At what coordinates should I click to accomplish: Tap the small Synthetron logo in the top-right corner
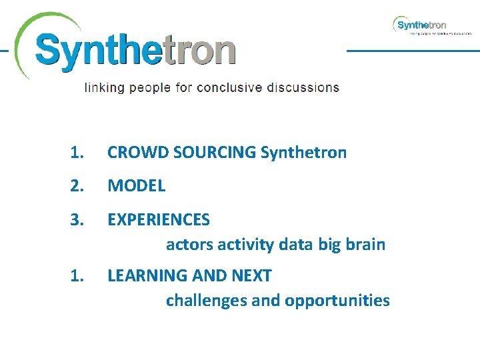click(421, 25)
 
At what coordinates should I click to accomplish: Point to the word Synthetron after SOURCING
click(303, 153)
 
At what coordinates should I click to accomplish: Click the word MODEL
click(136, 186)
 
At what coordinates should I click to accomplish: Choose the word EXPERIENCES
click(159, 219)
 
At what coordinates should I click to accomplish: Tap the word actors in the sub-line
click(187, 245)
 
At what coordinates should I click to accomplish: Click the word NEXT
click(251, 275)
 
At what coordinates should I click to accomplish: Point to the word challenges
click(207, 301)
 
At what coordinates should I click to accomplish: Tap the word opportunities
click(337, 301)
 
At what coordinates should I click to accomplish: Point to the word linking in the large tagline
click(104, 88)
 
